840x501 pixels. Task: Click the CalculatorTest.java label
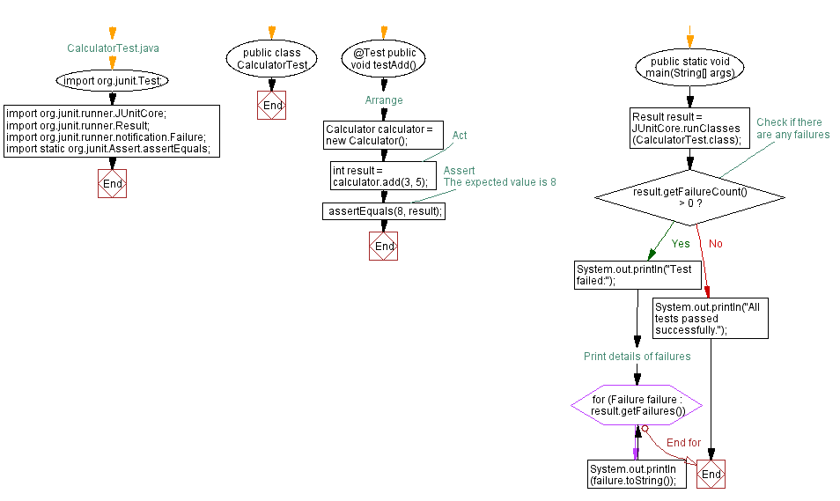(x=113, y=48)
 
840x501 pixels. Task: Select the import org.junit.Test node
(x=112, y=80)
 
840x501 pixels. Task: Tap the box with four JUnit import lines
(x=111, y=131)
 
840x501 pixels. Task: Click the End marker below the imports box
(x=112, y=183)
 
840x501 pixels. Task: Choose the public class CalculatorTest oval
(x=272, y=59)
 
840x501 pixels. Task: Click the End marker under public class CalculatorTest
(x=272, y=106)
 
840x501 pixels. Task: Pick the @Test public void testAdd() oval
(x=384, y=59)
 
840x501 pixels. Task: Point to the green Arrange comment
(x=384, y=100)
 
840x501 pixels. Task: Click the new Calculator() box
(x=384, y=136)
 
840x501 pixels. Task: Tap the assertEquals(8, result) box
(x=384, y=211)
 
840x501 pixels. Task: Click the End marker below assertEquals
(x=384, y=246)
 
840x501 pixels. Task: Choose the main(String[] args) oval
(x=690, y=67)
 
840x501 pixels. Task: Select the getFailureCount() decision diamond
(x=689, y=196)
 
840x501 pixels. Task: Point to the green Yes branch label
(x=681, y=244)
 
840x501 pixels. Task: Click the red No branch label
(x=715, y=244)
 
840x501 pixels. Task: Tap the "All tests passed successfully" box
(x=710, y=318)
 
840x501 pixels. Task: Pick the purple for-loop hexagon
(x=637, y=405)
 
